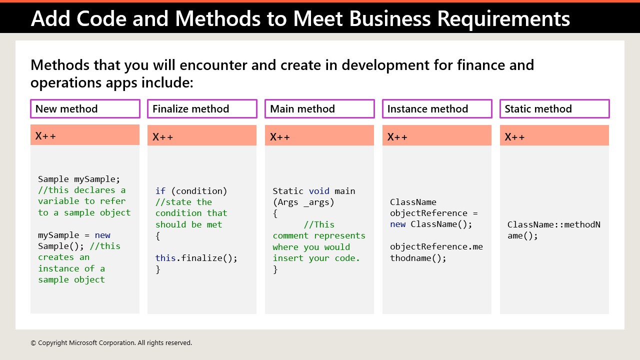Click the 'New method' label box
[85, 109]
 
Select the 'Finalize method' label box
[202, 109]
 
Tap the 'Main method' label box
[319, 109]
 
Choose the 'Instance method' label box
[437, 109]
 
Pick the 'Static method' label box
[554, 109]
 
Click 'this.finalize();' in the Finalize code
[196, 258]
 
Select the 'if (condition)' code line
[191, 191]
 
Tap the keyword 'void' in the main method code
[319, 191]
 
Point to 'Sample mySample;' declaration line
[79, 179]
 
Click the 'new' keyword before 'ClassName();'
[398, 224]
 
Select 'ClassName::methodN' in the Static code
[553, 224]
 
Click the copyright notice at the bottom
[111, 343]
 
